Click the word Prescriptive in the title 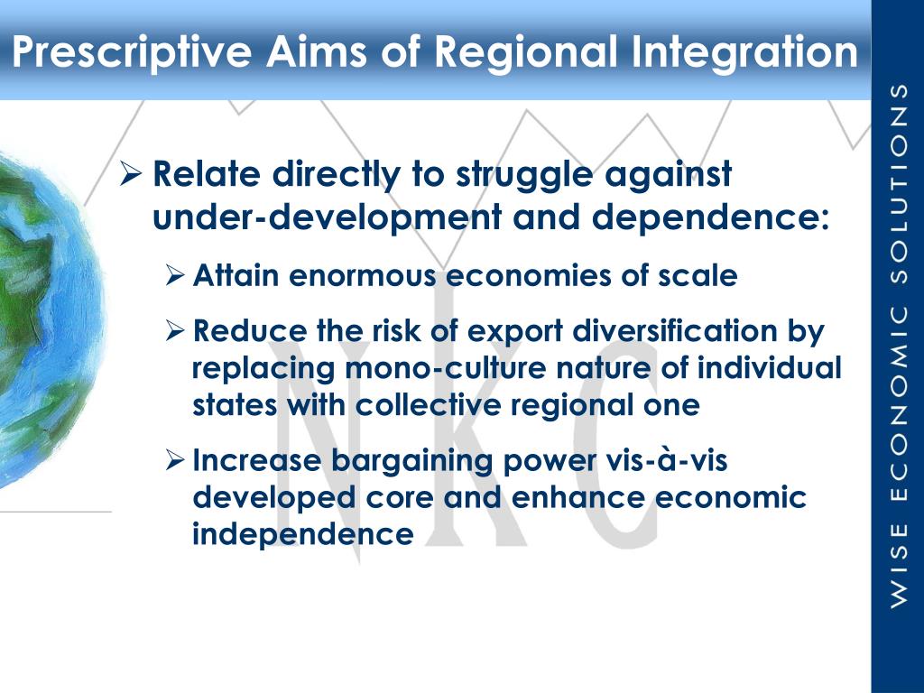coord(132,51)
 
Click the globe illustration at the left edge coord(45,325)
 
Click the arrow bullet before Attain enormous coord(176,276)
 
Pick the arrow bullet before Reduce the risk coord(176,332)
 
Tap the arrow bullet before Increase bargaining coord(176,461)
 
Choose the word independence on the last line coord(303,534)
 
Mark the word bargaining coord(411,461)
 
